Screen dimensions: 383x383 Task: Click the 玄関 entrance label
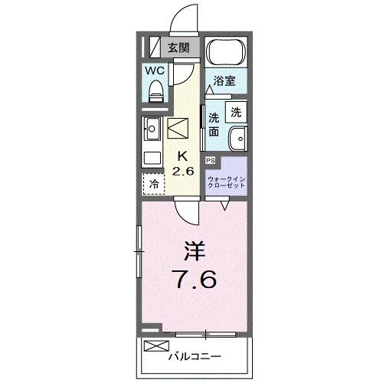[178, 47]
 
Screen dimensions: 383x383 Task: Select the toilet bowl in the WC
[156, 91]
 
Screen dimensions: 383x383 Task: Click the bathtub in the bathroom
[227, 52]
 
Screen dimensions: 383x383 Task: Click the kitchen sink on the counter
[151, 129]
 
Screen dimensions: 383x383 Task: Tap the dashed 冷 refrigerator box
[153, 183]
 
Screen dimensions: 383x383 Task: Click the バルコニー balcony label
[195, 356]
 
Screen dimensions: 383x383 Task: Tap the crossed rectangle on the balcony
[155, 346]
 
